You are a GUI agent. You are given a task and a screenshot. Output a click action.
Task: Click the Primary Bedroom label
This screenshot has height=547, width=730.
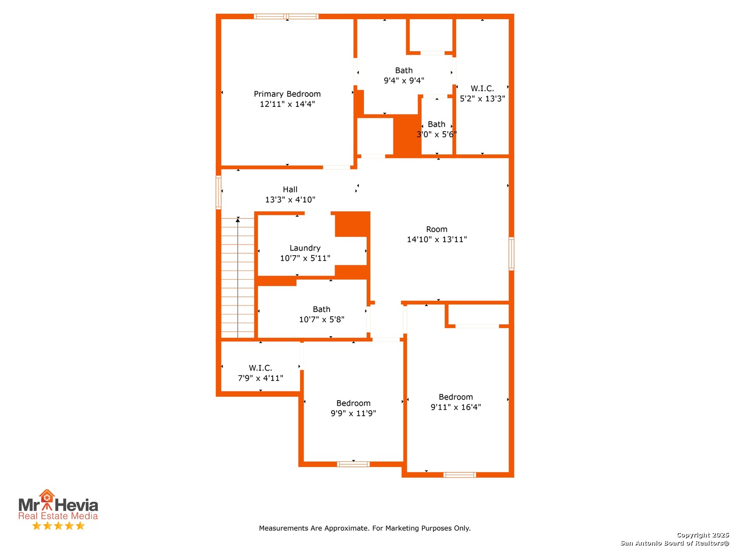[x=287, y=94]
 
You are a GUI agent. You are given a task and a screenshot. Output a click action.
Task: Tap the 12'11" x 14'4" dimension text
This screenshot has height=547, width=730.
[x=287, y=104]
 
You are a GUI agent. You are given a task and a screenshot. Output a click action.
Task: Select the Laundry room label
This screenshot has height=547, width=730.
[x=305, y=248]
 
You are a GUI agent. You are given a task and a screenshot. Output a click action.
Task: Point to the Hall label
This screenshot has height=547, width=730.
[x=290, y=189]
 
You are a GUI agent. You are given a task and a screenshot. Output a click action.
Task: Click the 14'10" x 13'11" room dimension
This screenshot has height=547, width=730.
[x=436, y=239]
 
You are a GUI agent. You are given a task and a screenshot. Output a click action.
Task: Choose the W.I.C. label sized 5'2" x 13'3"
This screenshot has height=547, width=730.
[x=482, y=88]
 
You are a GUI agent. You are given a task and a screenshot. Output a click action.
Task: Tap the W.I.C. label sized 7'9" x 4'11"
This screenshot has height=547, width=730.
[x=261, y=368]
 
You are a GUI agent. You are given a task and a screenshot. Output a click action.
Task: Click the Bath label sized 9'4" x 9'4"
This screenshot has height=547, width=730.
[x=404, y=70]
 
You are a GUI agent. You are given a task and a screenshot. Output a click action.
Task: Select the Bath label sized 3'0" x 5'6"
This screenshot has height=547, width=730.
[x=436, y=124]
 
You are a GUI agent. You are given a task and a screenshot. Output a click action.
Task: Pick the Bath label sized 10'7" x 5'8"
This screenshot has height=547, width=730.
[x=321, y=309]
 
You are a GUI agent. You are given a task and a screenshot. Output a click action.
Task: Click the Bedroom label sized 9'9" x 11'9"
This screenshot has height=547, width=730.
[x=353, y=403]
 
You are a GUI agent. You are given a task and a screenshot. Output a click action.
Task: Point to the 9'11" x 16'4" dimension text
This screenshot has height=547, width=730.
[x=456, y=407]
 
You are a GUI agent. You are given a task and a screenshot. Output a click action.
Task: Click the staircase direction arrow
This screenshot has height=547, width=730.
[x=238, y=278]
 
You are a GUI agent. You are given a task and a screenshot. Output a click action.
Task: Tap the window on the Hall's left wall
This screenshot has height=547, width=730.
[x=218, y=192]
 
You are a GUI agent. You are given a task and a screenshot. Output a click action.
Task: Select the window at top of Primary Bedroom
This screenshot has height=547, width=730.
[x=286, y=16]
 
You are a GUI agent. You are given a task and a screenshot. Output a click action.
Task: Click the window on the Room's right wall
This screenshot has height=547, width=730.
[x=511, y=253]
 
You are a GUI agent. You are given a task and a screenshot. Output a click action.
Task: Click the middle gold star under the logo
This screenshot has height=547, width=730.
[x=58, y=525]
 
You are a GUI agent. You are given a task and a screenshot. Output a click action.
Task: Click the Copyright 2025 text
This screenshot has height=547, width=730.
[x=703, y=535]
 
